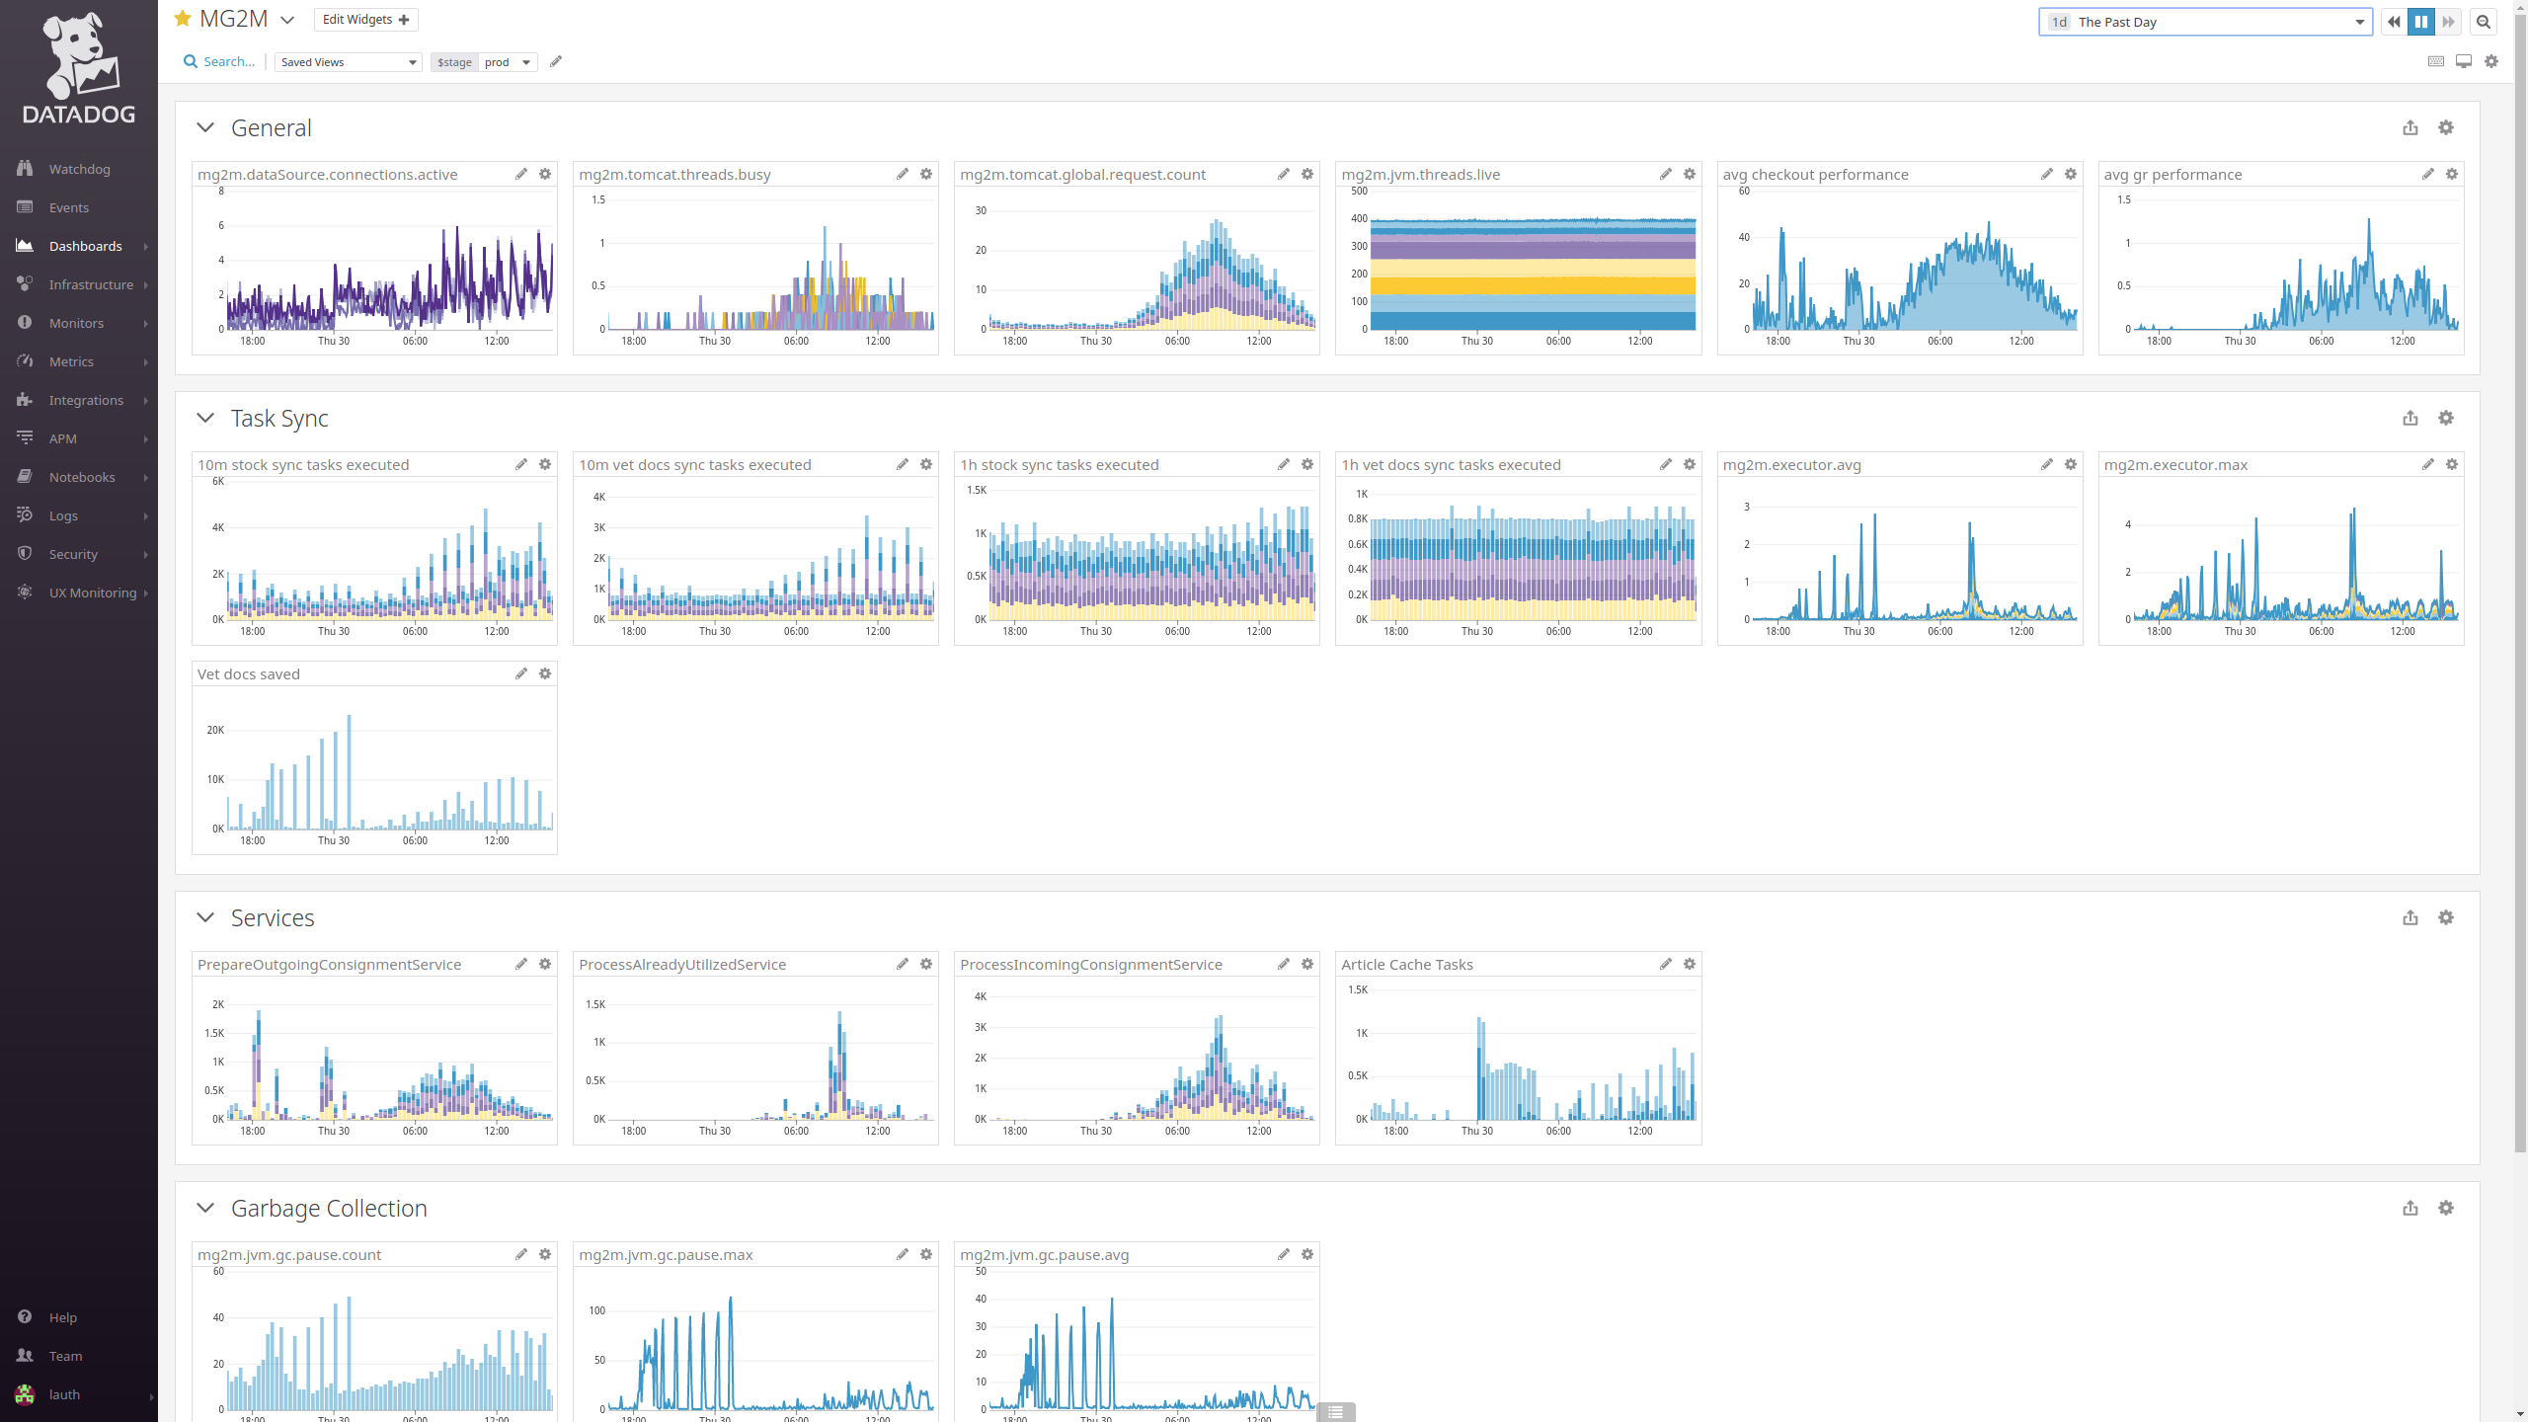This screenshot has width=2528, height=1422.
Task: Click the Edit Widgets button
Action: pyautogui.click(x=365, y=20)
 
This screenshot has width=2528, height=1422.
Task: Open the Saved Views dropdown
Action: pyautogui.click(x=348, y=62)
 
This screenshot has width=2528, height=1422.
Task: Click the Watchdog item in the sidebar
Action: pyautogui.click(x=79, y=169)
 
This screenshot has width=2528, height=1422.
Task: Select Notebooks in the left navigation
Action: pyautogui.click(x=82, y=477)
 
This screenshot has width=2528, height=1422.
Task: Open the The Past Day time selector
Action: pyautogui.click(x=2204, y=22)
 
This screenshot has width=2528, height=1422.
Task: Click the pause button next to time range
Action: pyautogui.click(x=2420, y=22)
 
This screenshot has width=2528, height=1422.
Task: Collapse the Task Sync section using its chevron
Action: pyautogui.click(x=205, y=418)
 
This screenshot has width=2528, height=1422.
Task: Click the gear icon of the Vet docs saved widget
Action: pyautogui.click(x=545, y=673)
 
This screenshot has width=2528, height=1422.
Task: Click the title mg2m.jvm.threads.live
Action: pyautogui.click(x=1420, y=175)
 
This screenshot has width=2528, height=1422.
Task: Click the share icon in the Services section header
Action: pyautogui.click(x=2409, y=917)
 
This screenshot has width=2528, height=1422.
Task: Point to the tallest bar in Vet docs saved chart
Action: pyautogui.click(x=349, y=770)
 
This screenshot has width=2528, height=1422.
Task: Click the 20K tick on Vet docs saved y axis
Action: pyautogui.click(x=215, y=730)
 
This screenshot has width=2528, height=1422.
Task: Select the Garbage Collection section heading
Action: pyautogui.click(x=329, y=1208)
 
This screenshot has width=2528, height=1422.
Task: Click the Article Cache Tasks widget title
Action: pyautogui.click(x=1406, y=965)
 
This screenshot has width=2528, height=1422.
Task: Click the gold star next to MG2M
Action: pyautogui.click(x=183, y=19)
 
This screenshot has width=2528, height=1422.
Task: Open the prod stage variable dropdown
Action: pyautogui.click(x=508, y=62)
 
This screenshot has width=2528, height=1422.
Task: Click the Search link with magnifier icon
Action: pyautogui.click(x=219, y=61)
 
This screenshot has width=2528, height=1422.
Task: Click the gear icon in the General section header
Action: pyautogui.click(x=2445, y=127)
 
